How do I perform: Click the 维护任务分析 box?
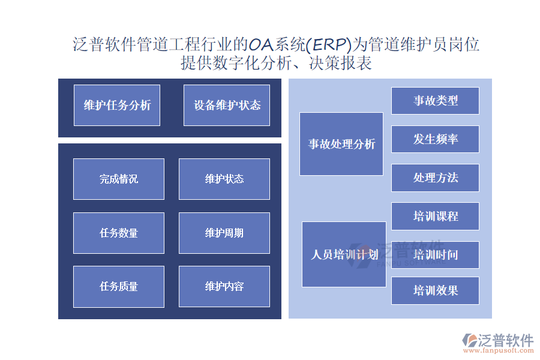coord(117,105)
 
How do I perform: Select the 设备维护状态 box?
coord(227,105)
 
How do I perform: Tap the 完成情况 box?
coord(119,179)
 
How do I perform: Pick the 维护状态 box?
coord(224,179)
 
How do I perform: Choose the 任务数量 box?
coord(119,233)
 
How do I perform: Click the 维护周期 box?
coord(224,233)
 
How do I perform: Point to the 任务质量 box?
coord(119,287)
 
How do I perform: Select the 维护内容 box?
coord(224,287)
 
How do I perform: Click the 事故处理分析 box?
coord(341,144)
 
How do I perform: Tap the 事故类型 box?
coord(436,101)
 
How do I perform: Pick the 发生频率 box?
coord(436,139)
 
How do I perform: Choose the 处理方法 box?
coord(436,178)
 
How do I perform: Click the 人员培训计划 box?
coord(344,254)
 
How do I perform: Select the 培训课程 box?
coord(436,217)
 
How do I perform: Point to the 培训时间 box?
coord(436,255)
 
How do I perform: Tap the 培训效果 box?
coord(436,291)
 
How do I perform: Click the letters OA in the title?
coord(261,45)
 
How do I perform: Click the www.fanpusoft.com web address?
coord(499,350)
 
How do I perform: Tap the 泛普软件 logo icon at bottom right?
coord(469,340)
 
